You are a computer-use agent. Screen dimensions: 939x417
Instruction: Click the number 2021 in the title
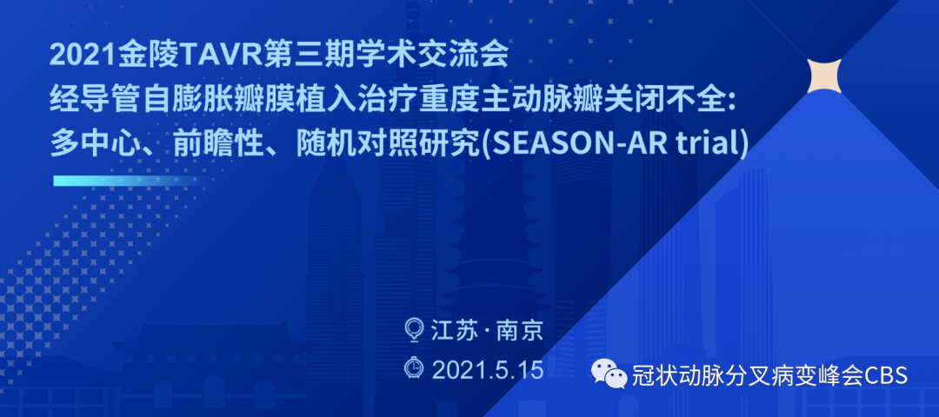tap(83, 57)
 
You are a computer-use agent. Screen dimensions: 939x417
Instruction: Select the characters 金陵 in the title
tap(147, 57)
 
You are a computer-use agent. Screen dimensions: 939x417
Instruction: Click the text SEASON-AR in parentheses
tap(560, 144)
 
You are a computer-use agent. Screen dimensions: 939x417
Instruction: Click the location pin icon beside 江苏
tap(414, 329)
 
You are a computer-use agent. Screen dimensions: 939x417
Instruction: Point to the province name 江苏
tap(453, 330)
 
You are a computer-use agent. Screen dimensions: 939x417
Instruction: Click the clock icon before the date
tap(414, 368)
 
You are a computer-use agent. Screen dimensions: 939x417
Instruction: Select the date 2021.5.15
tap(488, 369)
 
